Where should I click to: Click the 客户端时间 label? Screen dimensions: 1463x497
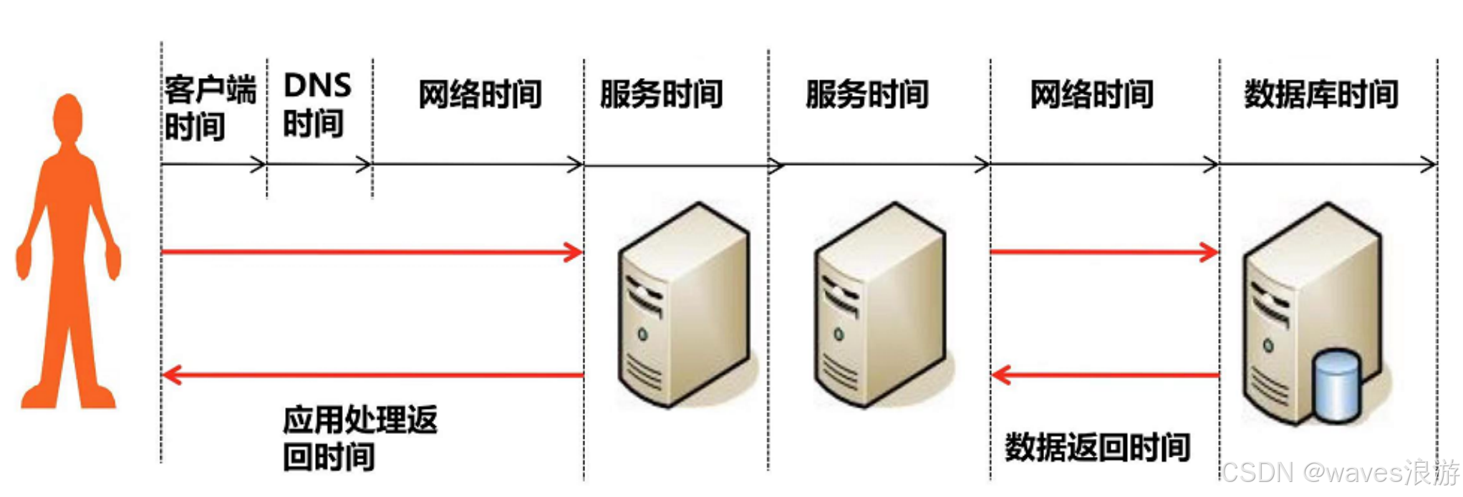[x=208, y=108]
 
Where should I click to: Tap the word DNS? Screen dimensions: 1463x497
[x=317, y=86]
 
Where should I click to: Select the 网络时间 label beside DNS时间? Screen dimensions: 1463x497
[x=480, y=95]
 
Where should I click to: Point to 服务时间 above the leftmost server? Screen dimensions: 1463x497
[x=661, y=95]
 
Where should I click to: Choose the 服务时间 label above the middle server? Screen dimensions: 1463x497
[x=867, y=95]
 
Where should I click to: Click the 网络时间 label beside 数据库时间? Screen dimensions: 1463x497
[x=1091, y=95]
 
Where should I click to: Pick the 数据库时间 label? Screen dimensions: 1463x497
[x=1321, y=95]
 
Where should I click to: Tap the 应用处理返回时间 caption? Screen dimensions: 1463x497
[x=359, y=438]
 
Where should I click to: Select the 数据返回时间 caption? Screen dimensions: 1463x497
[x=1097, y=448]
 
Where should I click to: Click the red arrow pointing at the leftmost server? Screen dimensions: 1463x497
[x=372, y=252]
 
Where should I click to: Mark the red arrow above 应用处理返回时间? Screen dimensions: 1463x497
[x=372, y=374]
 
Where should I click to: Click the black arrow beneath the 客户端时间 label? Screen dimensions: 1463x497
[x=213, y=165]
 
